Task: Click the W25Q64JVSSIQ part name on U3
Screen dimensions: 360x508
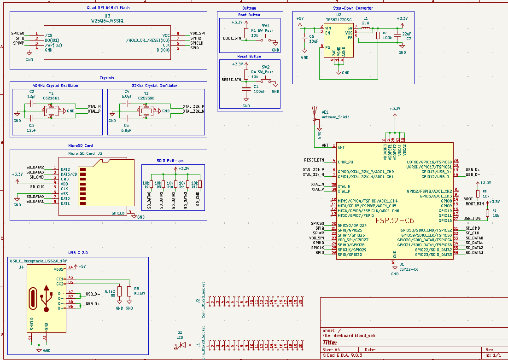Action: point(108,21)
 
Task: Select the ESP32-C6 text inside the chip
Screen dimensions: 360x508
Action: point(395,221)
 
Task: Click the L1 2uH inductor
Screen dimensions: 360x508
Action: point(365,28)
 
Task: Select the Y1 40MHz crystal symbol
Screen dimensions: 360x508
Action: point(51,110)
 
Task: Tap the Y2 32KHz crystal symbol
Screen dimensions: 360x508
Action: point(146,110)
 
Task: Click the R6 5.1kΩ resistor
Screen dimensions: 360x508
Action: point(129,291)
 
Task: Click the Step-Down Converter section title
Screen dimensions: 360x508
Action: point(353,8)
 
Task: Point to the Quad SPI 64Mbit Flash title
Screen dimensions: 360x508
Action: point(108,8)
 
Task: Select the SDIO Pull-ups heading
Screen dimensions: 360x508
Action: point(170,161)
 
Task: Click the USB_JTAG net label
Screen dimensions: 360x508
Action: point(472,219)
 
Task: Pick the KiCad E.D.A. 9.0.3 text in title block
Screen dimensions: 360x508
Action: point(343,355)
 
